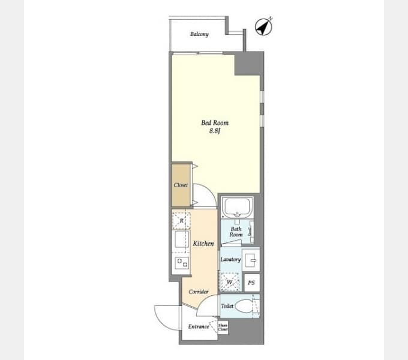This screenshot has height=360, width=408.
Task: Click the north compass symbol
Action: coord(263,26)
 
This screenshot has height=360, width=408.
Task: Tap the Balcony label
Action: coord(199,34)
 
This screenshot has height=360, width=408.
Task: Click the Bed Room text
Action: coord(215,123)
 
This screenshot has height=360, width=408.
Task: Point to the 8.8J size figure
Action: coord(215,131)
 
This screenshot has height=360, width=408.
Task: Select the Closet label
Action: coord(181,185)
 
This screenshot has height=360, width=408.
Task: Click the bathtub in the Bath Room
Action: coord(237,208)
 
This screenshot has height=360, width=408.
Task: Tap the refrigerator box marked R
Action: coord(181,221)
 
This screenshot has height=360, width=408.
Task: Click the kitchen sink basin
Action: coord(181,239)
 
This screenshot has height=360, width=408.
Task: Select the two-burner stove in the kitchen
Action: coord(182,262)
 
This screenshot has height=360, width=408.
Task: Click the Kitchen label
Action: coord(203,244)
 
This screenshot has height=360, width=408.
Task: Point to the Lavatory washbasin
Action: coord(251,260)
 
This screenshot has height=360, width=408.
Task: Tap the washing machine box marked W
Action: coord(230,282)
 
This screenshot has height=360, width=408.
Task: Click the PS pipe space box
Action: coord(252,283)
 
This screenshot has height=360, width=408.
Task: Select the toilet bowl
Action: coord(244,306)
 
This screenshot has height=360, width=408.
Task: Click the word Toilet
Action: coord(227,306)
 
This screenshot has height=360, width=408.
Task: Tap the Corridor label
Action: coord(199,292)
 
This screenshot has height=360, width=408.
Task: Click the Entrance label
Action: coord(199,326)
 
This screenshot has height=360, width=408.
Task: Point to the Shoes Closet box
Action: coord(223,327)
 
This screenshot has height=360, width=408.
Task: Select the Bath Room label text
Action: coord(236,232)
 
